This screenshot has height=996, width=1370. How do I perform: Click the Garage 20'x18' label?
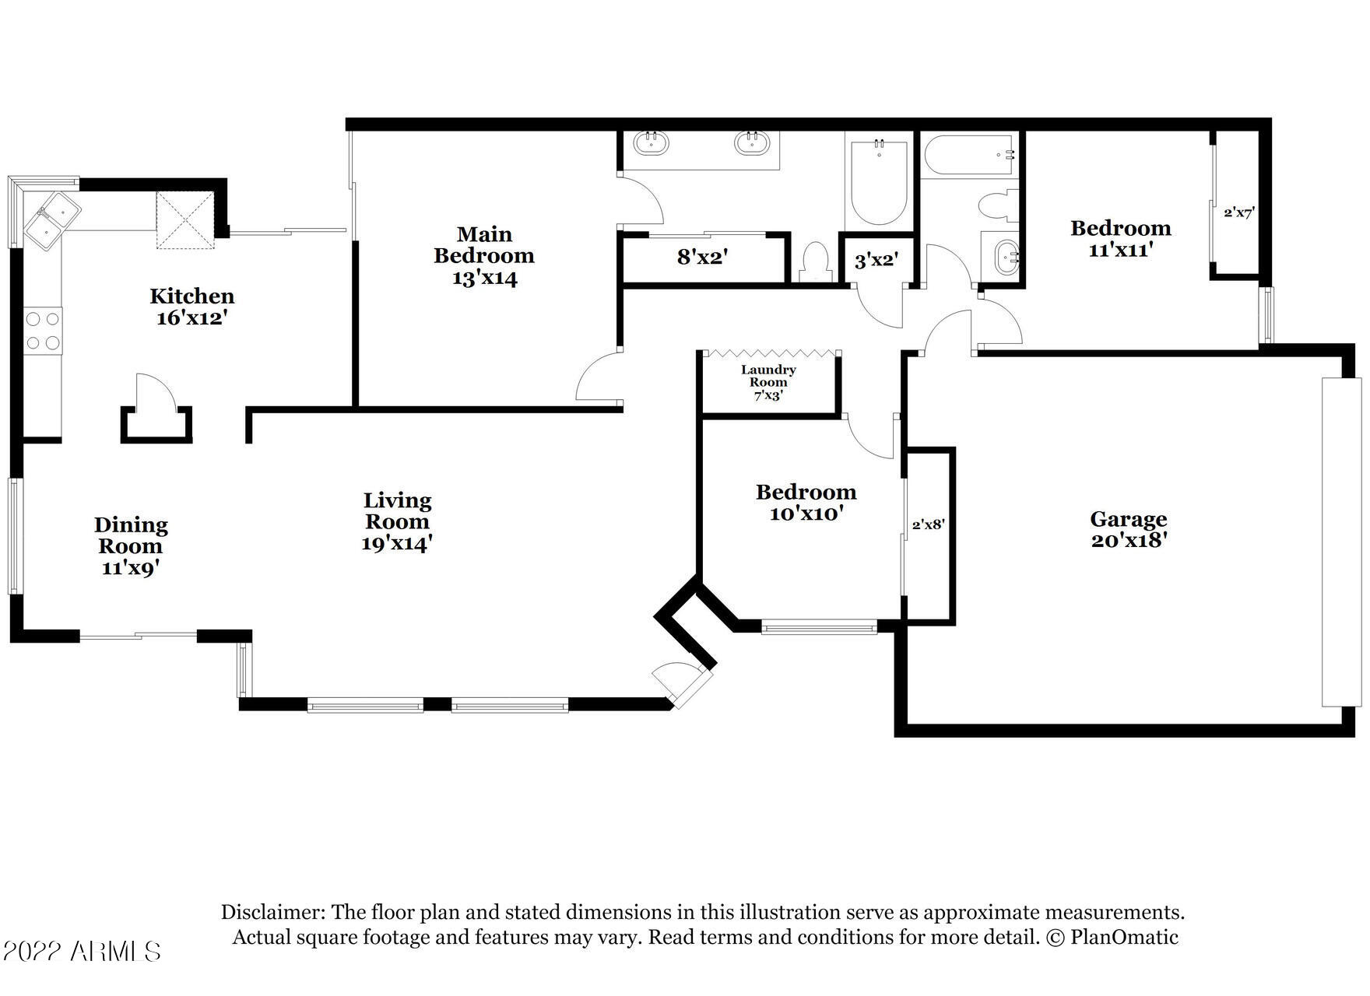pos(1128,529)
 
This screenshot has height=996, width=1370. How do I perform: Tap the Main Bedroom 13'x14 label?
pos(484,256)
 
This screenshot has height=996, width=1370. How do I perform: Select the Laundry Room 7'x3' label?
pos(768,382)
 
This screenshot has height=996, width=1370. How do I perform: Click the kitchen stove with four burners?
pos(43,330)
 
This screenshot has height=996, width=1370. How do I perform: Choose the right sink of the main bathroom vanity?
pos(752,143)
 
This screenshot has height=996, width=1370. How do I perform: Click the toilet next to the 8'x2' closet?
pos(815,261)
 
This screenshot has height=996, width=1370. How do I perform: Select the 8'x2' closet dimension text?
pos(702,257)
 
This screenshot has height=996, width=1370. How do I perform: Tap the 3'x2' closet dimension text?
pos(876,261)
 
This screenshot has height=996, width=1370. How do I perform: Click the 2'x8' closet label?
pos(928,525)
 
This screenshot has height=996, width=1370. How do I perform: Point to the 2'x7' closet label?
pos(1238,212)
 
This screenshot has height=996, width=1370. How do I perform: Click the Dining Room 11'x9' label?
pos(131,546)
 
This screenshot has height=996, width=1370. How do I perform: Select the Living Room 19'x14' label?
pos(397,521)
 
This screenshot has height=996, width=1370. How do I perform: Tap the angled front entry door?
pos(680,682)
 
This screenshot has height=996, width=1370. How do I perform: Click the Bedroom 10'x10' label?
pos(806,503)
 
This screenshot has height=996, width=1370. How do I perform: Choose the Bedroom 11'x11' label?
pos(1120,239)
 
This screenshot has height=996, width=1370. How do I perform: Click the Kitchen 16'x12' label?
pos(191,307)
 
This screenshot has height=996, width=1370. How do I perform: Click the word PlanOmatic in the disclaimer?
pos(1124,937)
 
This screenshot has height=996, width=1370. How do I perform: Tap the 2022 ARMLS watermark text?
pos(82,951)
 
